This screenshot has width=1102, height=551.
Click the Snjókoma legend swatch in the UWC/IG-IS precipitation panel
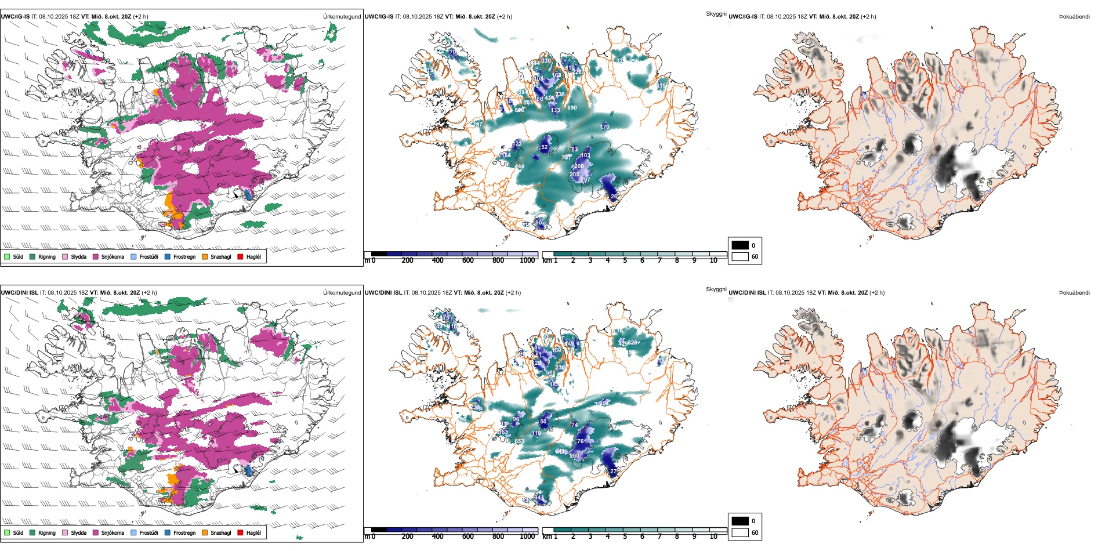pos(96,256)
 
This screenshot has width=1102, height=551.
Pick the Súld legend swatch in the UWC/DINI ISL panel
pos(7,532)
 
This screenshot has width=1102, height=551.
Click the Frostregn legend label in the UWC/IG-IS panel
pos(184,257)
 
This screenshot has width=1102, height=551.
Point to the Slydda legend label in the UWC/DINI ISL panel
pos(79,533)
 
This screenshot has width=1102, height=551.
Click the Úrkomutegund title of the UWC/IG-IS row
pos(342,17)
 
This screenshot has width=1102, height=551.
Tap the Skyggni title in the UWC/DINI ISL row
pos(716,289)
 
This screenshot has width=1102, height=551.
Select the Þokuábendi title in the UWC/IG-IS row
pos(1074,17)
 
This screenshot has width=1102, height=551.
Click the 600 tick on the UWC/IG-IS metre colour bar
pos(468,260)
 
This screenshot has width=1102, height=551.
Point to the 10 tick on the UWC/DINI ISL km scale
pos(713,536)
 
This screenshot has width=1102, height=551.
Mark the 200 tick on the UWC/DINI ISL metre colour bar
pos(408,536)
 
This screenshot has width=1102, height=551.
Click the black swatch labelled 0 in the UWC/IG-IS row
pos(740,245)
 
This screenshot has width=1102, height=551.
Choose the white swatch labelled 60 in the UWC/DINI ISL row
pos(740,532)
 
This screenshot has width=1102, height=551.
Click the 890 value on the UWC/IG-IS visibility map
pos(572,108)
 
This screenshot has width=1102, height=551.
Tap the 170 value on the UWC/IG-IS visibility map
pos(604,126)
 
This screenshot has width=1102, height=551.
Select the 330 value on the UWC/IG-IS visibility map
pos(546,61)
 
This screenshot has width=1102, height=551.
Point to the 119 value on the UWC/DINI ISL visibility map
pos(536,433)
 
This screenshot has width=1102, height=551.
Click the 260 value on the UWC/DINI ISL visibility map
pos(574,456)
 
